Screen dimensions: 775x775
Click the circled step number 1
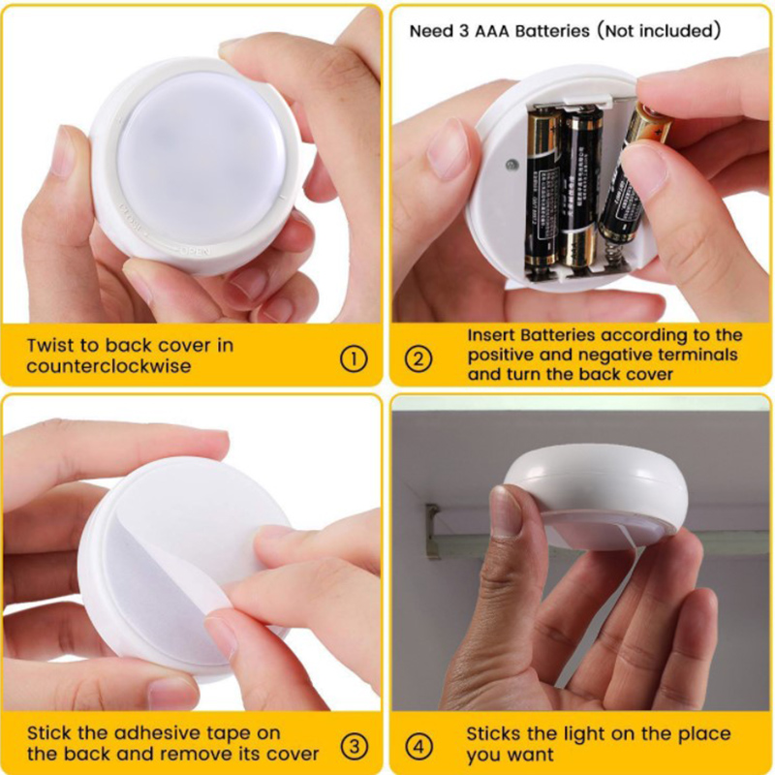(354, 358)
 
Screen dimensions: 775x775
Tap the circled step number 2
(418, 358)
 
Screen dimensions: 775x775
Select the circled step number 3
(355, 746)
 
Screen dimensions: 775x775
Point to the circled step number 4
(418, 746)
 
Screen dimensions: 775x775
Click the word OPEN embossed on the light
(196, 251)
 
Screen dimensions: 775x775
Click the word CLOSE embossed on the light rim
(130, 219)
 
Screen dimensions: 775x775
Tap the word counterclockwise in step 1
(108, 366)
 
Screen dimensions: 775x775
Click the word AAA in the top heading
(492, 31)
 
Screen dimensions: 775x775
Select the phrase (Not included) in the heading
(659, 31)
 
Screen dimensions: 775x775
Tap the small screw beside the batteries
(512, 165)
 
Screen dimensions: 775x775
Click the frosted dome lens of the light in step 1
(201, 159)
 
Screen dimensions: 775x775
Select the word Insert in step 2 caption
(491, 335)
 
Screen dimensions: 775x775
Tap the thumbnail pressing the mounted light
(505, 511)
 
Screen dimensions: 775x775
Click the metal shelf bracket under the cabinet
(433, 530)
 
